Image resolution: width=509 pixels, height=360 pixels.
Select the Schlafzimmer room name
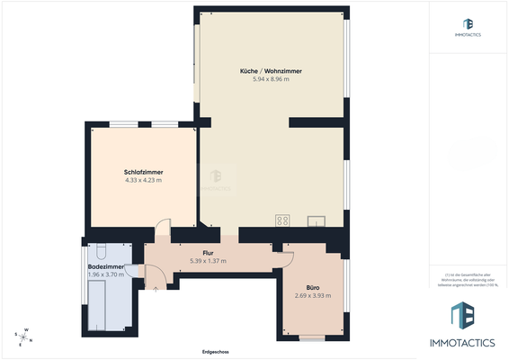coord(143,172)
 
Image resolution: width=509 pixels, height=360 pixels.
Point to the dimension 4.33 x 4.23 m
coord(143,180)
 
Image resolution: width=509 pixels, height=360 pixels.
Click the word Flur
coord(207,253)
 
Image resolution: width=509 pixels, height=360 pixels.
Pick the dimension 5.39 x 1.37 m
coord(207,261)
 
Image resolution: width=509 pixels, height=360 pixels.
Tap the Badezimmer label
coord(105,266)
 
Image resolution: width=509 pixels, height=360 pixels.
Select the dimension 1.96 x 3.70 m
coord(105,274)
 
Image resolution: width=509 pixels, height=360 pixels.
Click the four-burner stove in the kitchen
coord(282,220)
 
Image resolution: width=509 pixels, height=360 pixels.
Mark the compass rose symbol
coord(27,337)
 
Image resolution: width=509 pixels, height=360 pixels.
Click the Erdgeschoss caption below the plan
coord(217,351)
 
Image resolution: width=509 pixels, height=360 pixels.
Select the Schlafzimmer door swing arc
coord(163,230)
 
